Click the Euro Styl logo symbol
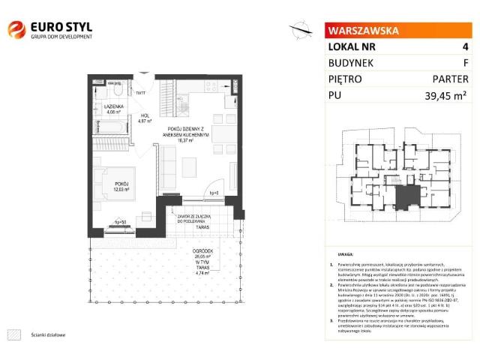pos(16,30)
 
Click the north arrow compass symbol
pos(301,29)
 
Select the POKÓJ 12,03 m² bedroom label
pos(122,185)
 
